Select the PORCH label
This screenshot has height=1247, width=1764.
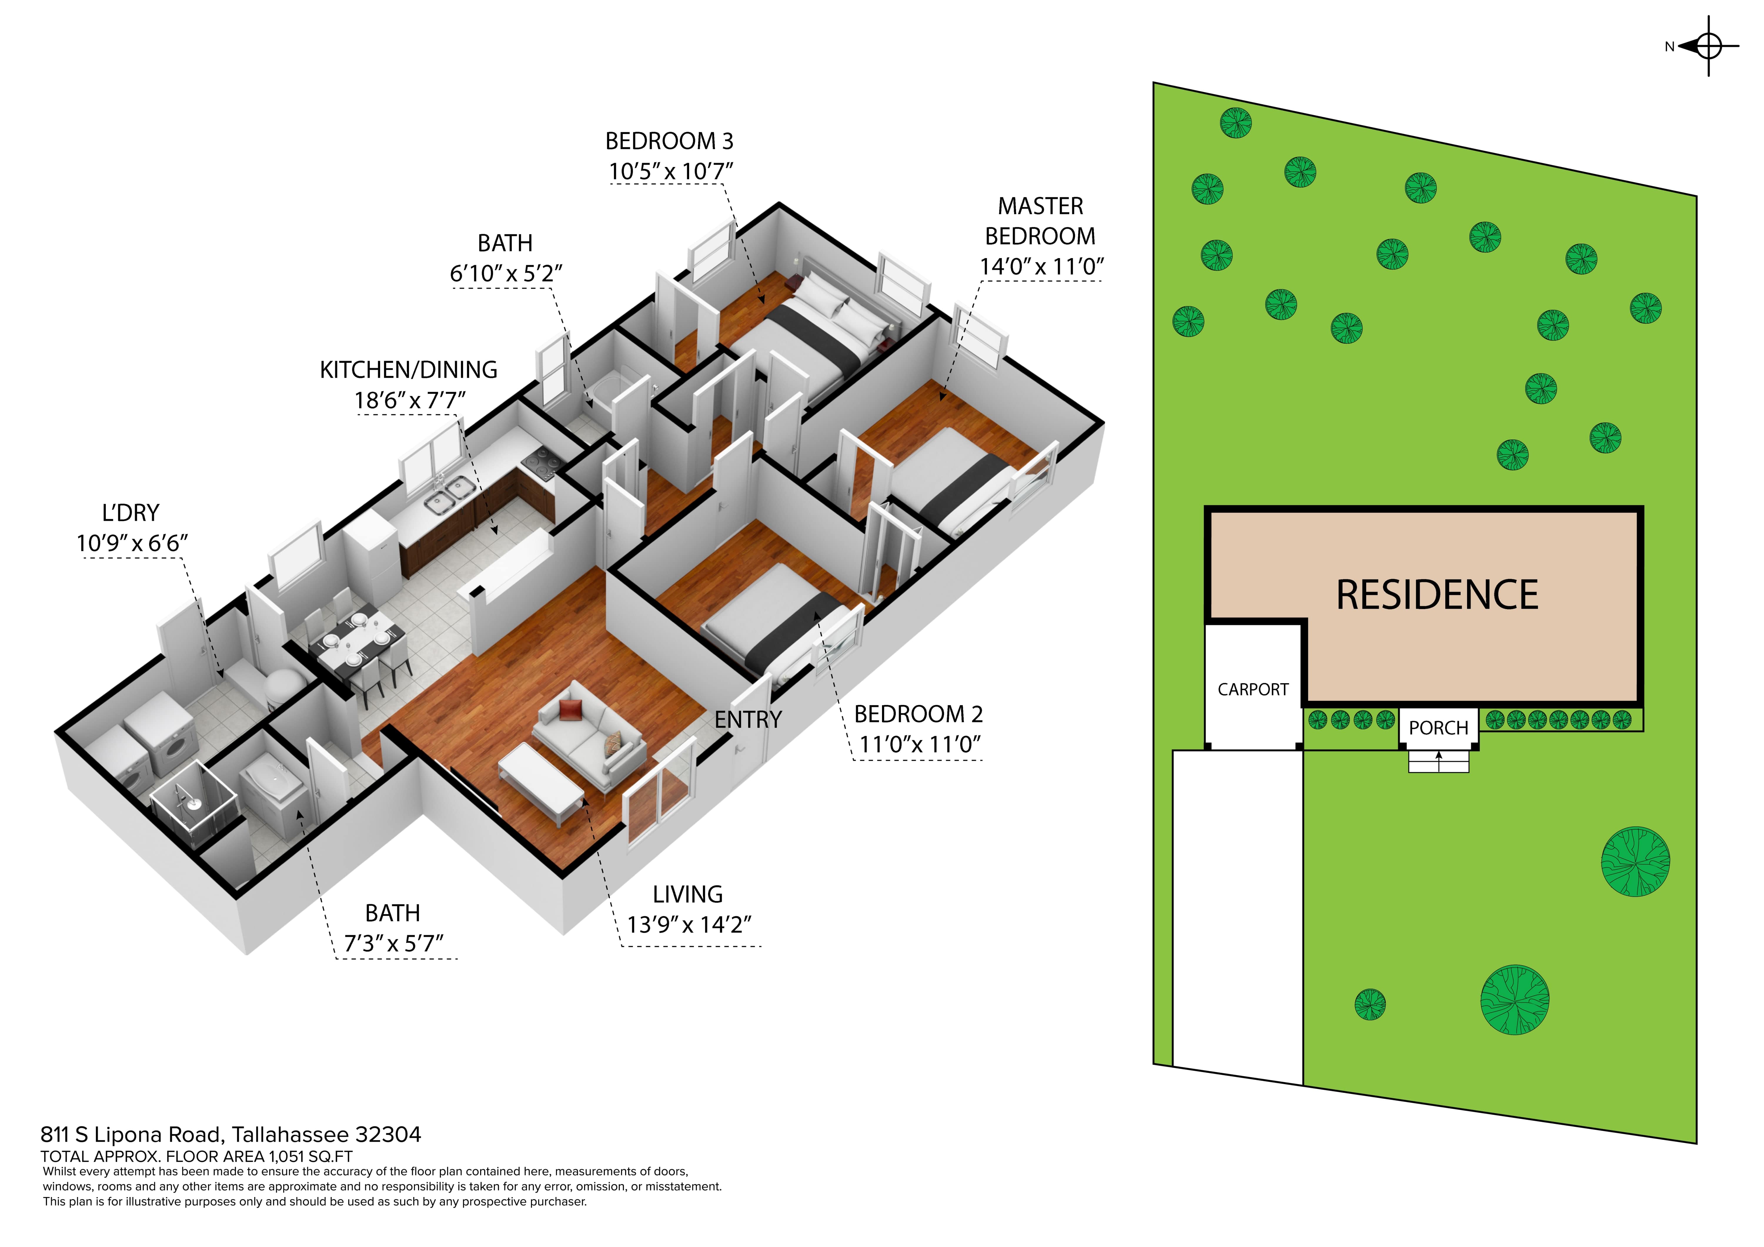tap(1438, 728)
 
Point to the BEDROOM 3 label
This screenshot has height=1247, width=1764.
tap(669, 141)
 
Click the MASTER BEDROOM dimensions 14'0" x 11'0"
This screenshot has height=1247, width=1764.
tap(1041, 267)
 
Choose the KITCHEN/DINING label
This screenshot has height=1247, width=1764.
tap(409, 370)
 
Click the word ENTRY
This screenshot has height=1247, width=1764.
tap(748, 720)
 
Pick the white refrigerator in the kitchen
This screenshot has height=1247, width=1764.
tap(371, 559)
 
